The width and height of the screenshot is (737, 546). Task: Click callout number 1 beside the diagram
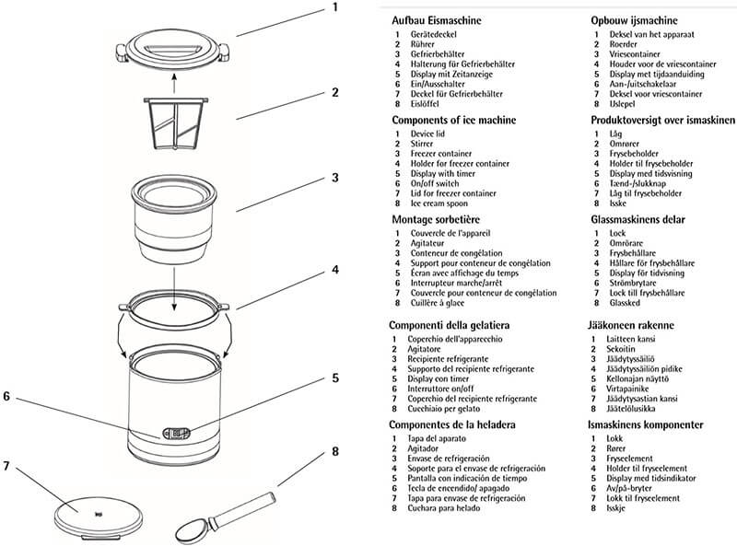335,7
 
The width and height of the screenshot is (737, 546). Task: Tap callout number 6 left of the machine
7,396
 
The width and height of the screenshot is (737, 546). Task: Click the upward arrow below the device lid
175,85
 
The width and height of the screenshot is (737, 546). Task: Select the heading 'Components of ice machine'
453,121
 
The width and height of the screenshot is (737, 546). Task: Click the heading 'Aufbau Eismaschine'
436,20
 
